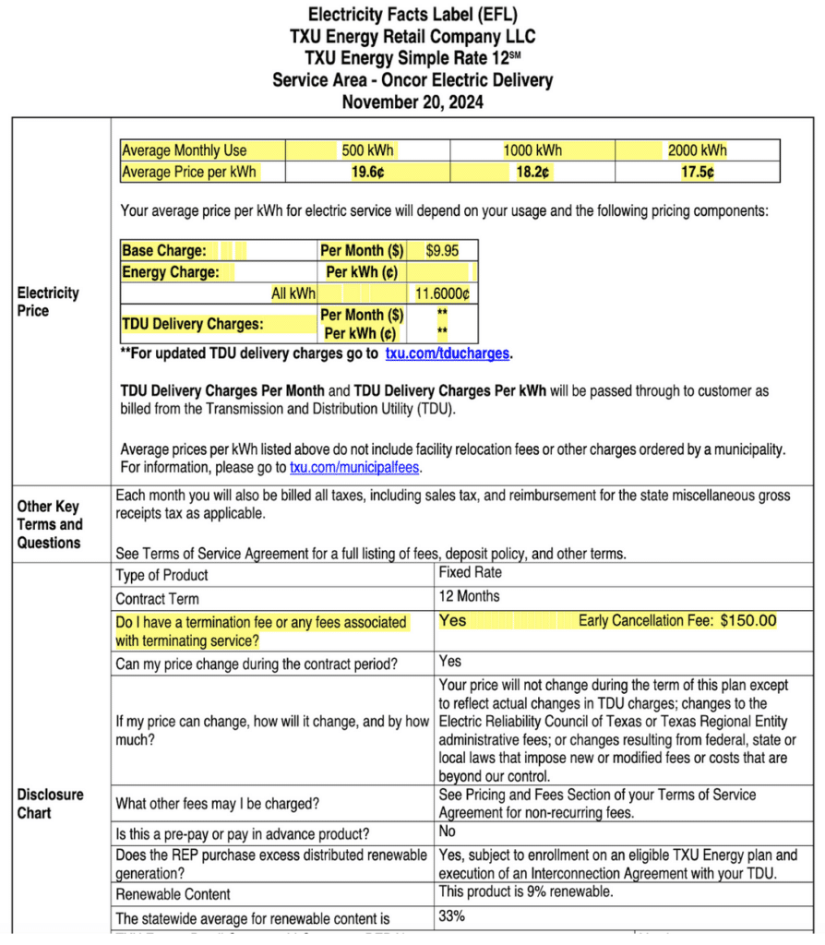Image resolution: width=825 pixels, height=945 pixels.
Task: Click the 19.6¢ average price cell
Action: point(366,172)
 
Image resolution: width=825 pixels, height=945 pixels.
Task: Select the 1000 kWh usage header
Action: point(532,150)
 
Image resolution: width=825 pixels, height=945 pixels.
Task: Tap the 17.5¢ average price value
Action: point(697,172)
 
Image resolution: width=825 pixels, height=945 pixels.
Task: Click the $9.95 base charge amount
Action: point(442,250)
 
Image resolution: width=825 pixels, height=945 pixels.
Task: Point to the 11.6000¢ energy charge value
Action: point(442,293)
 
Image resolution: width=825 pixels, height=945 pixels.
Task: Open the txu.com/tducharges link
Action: point(448,353)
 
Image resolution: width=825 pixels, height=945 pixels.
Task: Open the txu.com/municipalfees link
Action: point(355,468)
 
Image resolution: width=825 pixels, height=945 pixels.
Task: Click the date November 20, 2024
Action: point(412,102)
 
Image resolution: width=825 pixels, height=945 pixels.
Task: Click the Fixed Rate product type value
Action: point(470,572)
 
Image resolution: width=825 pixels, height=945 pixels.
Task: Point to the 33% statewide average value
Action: point(451,916)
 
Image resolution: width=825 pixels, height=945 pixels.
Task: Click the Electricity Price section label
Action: point(48,302)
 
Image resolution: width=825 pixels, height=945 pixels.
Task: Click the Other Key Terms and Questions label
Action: point(50,524)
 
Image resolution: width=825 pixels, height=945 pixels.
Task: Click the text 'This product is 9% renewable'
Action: point(525,892)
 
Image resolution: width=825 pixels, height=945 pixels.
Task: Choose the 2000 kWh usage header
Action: point(697,150)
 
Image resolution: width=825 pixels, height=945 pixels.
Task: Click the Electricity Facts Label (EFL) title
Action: point(412,15)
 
